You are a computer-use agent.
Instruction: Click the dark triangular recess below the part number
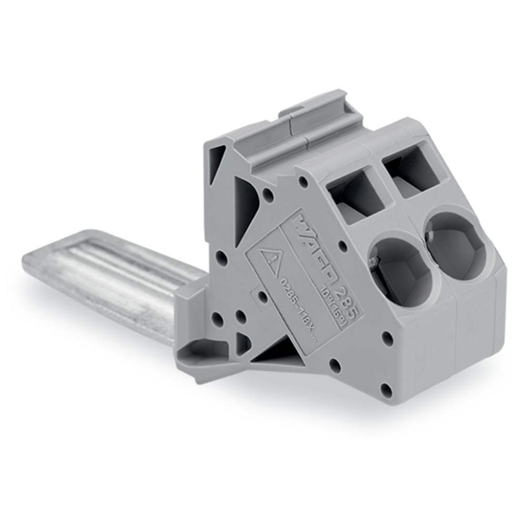click(x=273, y=353)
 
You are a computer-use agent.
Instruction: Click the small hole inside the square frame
click(x=261, y=295)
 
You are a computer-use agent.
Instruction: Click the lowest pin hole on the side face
click(x=387, y=390)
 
